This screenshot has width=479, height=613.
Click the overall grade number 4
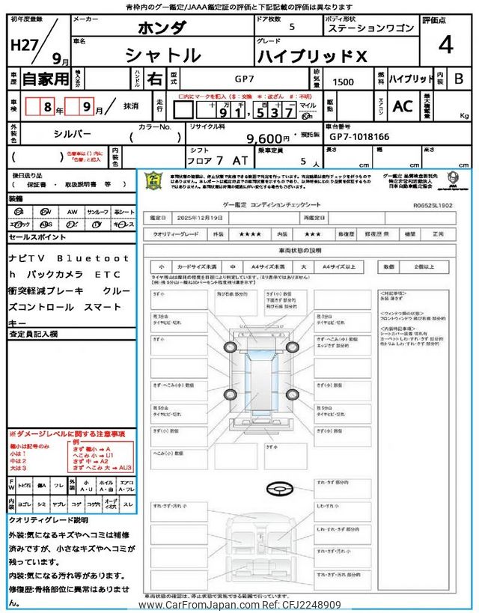point(445,46)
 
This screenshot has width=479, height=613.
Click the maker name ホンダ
point(161,28)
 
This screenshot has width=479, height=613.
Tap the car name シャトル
point(161,55)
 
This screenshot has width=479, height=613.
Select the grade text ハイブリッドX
point(312,55)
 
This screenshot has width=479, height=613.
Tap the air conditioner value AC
point(402,106)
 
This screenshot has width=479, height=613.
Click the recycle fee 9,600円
point(268,138)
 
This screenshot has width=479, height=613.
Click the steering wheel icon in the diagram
point(280,487)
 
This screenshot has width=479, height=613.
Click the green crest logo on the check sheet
point(152,182)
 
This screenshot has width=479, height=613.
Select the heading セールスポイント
point(38,237)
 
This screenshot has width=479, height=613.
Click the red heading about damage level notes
point(67,434)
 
